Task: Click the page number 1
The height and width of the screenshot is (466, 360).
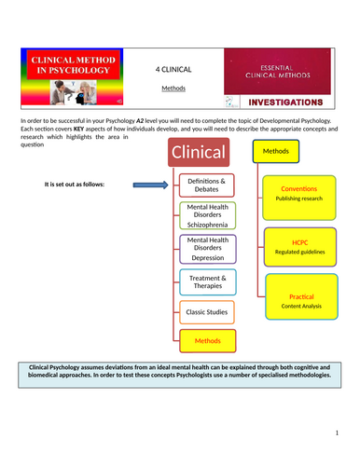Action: (337, 432)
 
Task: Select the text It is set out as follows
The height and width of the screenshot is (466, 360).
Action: (74, 184)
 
